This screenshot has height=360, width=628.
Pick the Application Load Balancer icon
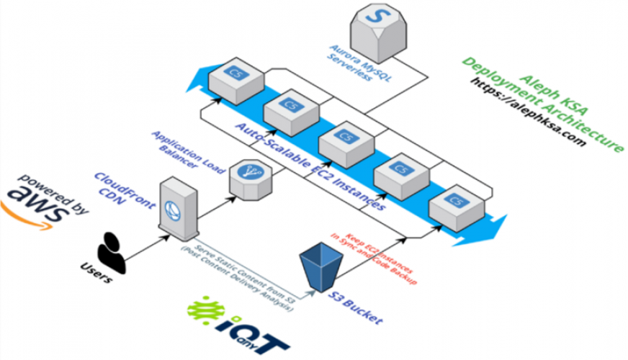(x=248, y=176)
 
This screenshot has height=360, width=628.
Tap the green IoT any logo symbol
(x=205, y=308)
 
